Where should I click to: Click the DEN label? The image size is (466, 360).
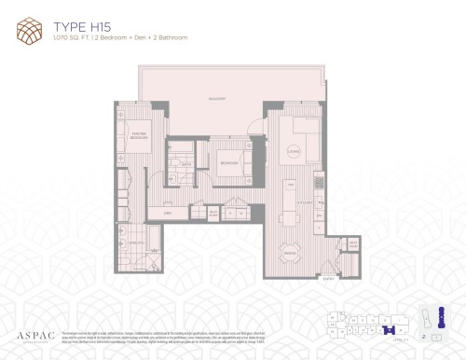[169, 214]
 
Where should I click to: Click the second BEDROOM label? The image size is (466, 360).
[226, 161]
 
